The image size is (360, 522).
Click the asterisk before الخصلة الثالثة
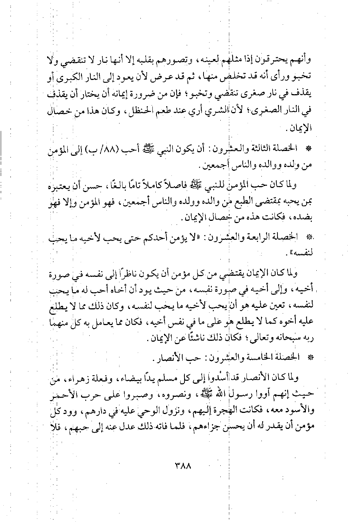click(x=308, y=149)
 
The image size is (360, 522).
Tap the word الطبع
click(x=243, y=203)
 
